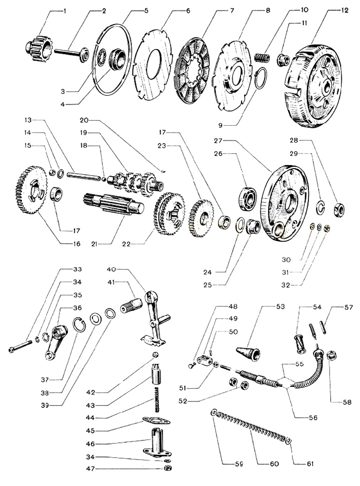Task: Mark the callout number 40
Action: click(x=110, y=269)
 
